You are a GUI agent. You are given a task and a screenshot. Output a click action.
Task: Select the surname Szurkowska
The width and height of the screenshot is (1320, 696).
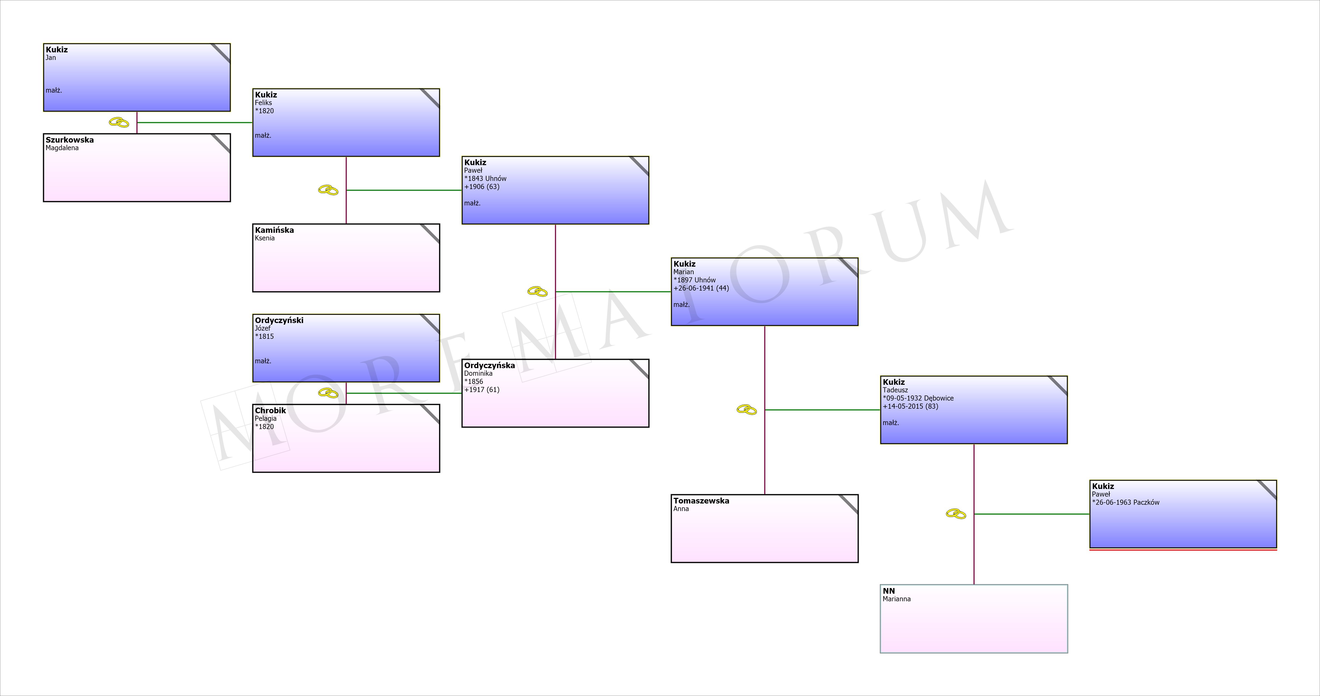70,140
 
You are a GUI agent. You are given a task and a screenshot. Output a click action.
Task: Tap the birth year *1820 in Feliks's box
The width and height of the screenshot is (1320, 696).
265,111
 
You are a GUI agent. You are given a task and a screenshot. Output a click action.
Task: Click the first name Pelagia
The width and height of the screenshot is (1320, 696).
265,419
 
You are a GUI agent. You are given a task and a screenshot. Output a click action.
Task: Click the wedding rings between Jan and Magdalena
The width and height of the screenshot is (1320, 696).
119,123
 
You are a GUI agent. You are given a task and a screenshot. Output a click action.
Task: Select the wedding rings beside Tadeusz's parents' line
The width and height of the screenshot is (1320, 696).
747,410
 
